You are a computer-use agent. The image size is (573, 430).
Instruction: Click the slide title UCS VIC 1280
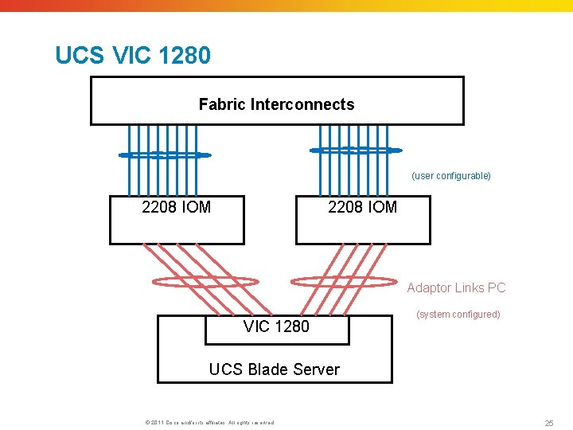coord(133,56)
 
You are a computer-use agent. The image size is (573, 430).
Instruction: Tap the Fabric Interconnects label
coord(276,104)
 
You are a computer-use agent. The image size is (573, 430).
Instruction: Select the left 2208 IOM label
coord(176,208)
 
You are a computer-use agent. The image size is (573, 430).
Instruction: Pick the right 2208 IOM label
coord(362,208)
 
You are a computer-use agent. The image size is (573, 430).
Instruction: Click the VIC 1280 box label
coord(276,326)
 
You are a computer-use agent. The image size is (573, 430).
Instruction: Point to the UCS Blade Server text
coord(274,369)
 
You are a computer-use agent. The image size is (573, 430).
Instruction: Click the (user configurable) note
coord(451,176)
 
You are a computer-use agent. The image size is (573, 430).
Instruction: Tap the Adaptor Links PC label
coord(456,288)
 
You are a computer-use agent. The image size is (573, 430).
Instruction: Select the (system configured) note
coord(458,315)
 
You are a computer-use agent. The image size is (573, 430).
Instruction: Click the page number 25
coord(548,423)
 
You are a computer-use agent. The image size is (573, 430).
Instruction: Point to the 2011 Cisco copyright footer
coord(206,423)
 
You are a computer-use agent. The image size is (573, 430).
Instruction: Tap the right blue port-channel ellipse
coord(356,150)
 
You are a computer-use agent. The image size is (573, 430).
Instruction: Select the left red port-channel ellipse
coord(205,280)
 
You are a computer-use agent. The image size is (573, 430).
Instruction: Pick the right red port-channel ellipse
coord(343,281)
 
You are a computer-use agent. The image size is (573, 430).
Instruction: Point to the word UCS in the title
coord(72,56)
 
